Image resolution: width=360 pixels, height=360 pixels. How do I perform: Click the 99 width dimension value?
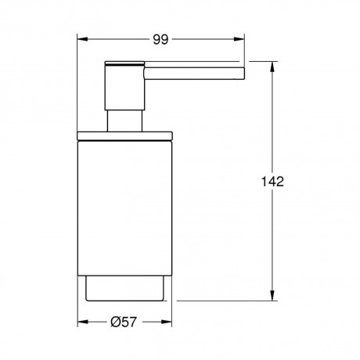160,39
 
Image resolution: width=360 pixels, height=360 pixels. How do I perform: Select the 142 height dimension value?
272,182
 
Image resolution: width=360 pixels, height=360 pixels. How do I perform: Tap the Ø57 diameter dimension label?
124,322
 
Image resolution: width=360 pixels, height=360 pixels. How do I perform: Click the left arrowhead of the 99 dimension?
82,39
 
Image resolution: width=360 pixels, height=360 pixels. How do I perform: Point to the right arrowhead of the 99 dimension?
239,39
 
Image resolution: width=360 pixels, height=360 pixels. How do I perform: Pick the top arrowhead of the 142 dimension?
272,67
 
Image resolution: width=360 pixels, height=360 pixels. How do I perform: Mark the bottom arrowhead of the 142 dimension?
272,296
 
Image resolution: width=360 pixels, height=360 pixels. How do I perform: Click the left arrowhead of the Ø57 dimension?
83,322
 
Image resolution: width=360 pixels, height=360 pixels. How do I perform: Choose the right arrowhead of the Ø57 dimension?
167,322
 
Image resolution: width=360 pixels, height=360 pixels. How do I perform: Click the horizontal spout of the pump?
194,74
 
